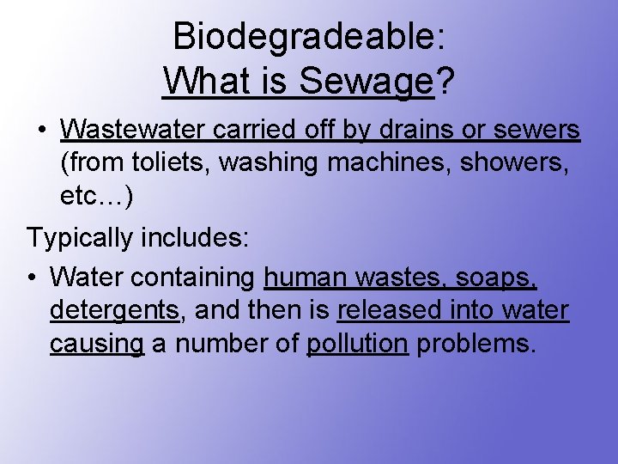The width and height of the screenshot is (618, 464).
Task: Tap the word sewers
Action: click(541, 130)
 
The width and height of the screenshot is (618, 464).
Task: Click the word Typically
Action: click(82, 237)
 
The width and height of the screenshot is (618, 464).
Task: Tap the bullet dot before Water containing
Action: click(30, 278)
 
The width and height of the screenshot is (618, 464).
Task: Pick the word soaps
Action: click(499, 278)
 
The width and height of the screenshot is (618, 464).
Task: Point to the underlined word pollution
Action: click(357, 343)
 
